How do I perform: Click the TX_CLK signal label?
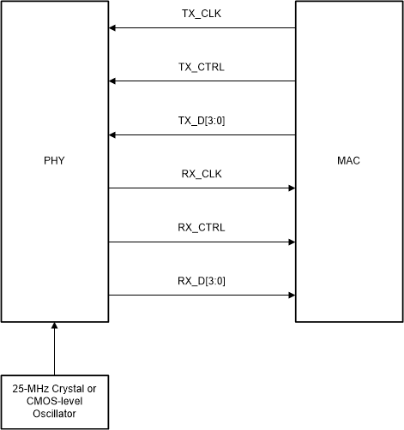coord(202,15)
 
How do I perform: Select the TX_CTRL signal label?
coord(202,69)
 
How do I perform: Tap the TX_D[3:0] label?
coord(202,122)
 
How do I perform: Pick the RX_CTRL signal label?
coord(202,229)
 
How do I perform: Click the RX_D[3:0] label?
coord(202,282)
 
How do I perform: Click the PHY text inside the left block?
coord(54,161)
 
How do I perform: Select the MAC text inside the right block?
coord(349,161)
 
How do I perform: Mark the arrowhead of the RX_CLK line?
coord(291,188)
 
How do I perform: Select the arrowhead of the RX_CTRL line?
coord(291,242)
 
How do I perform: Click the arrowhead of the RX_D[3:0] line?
coord(291,296)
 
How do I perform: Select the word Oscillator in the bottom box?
coord(54,415)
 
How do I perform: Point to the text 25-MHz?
coord(30,391)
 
